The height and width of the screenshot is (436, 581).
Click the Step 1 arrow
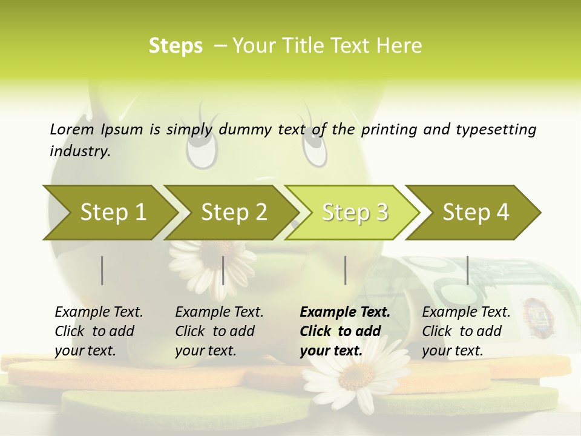click(113, 213)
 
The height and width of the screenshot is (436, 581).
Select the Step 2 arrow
click(234, 213)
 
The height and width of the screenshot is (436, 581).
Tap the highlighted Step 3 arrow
click(355, 213)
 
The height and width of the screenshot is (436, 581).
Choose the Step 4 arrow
click(476, 213)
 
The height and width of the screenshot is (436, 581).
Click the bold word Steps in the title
click(176, 46)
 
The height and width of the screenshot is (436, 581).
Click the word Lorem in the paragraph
click(71, 129)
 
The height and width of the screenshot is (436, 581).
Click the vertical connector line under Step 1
click(102, 270)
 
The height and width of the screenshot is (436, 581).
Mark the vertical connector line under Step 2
click(223, 270)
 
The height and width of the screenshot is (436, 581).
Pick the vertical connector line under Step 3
click(345, 270)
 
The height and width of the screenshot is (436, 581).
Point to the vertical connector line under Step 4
click(467, 270)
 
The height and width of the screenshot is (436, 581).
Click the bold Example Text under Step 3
click(345, 312)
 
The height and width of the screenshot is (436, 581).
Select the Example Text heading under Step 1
click(99, 312)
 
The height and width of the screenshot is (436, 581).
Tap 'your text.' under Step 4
click(452, 351)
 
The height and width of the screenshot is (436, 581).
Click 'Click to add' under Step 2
click(215, 331)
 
